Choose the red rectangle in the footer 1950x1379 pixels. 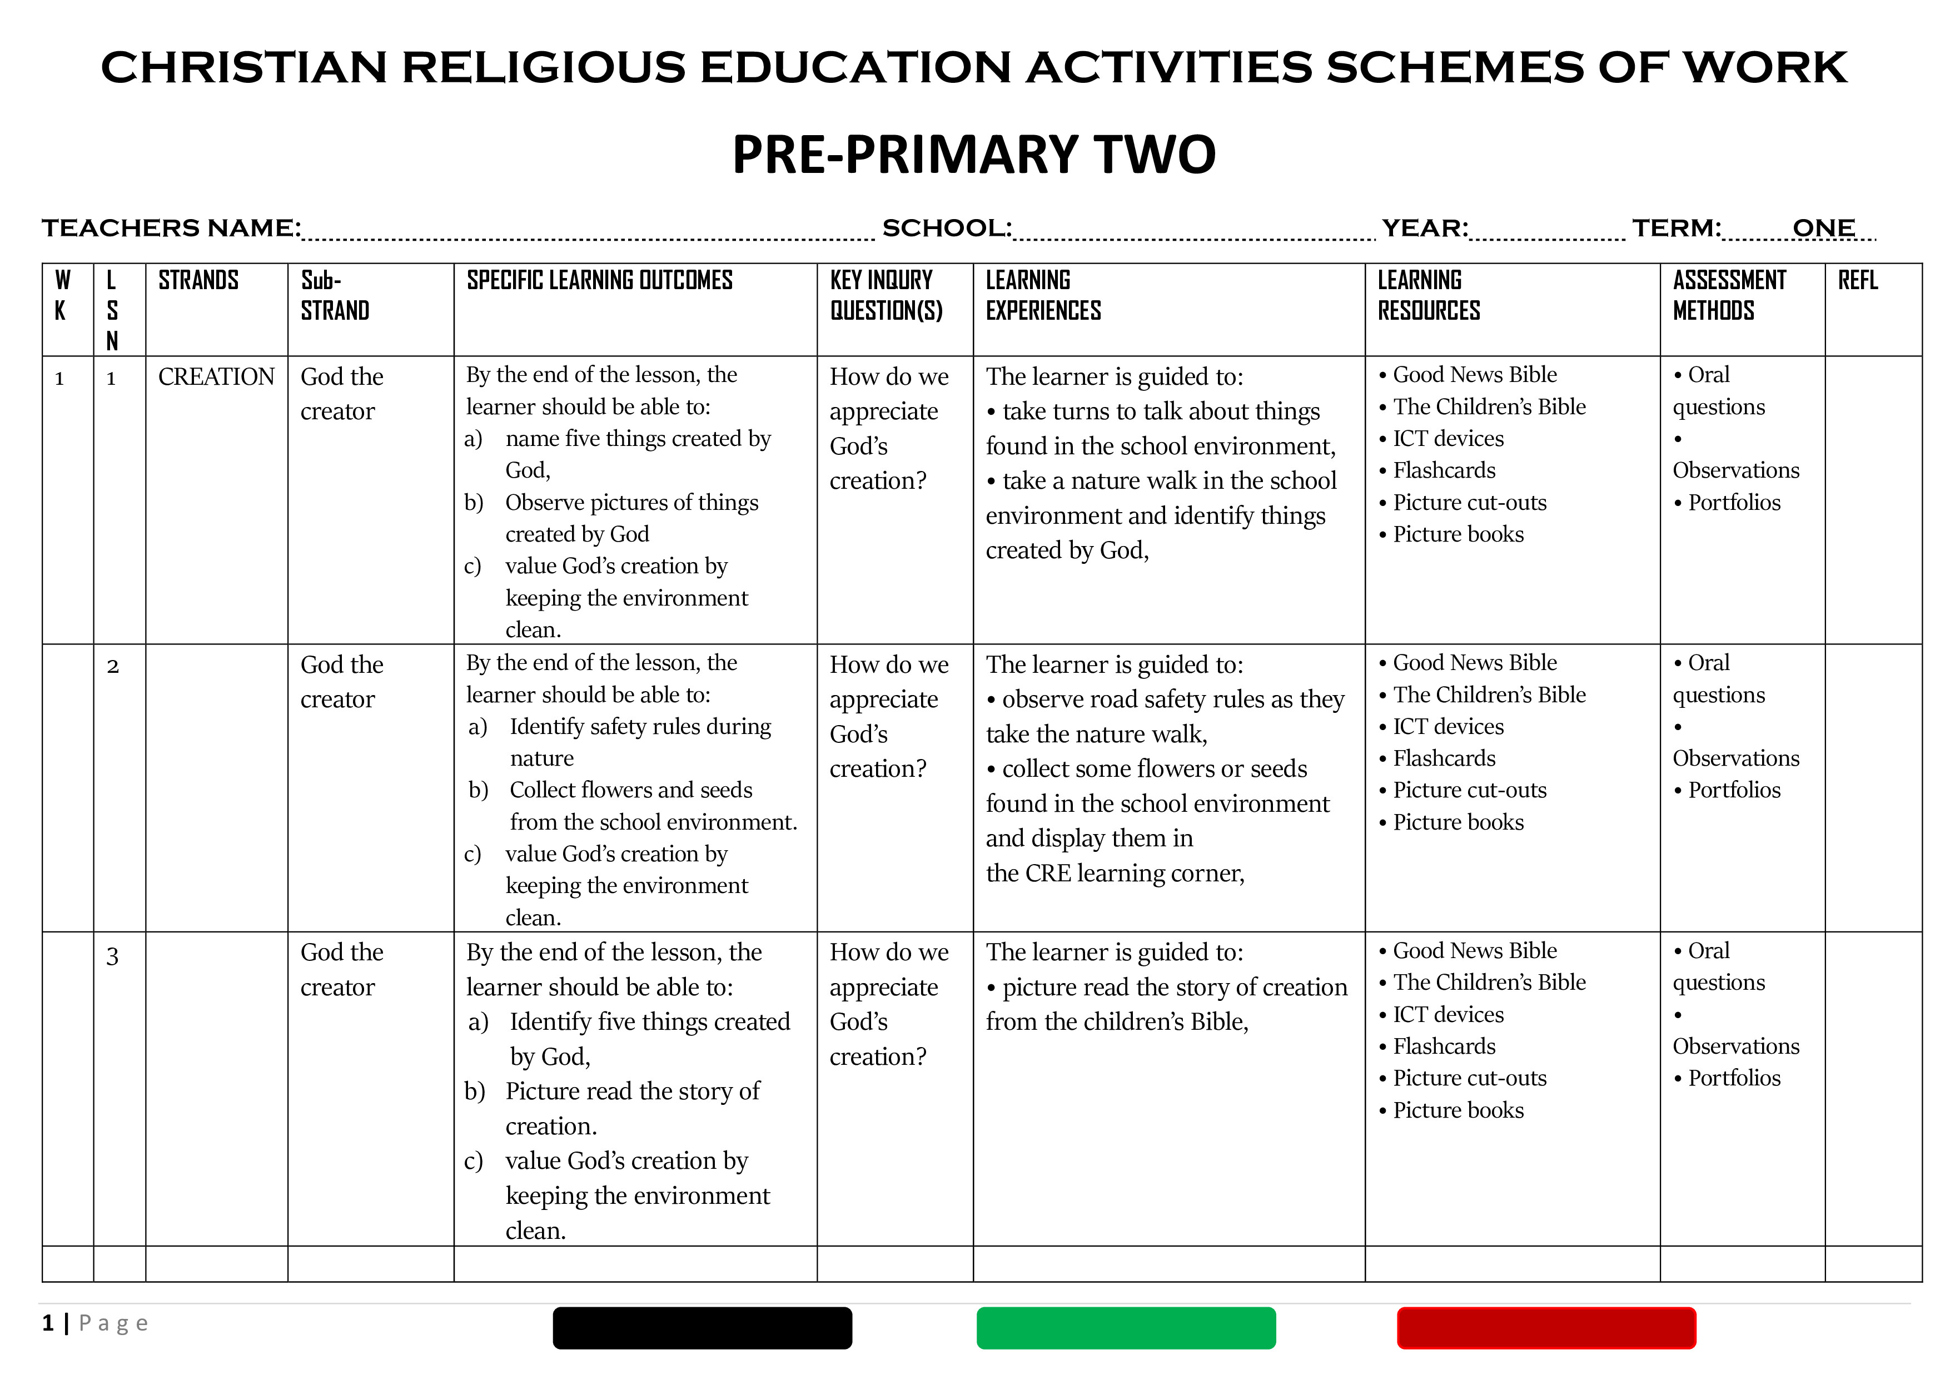coord(1546,1327)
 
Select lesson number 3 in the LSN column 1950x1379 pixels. coord(112,957)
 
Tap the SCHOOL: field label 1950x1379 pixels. coord(946,228)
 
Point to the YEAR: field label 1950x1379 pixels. coord(1424,228)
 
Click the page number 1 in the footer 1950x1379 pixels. coord(48,1323)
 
